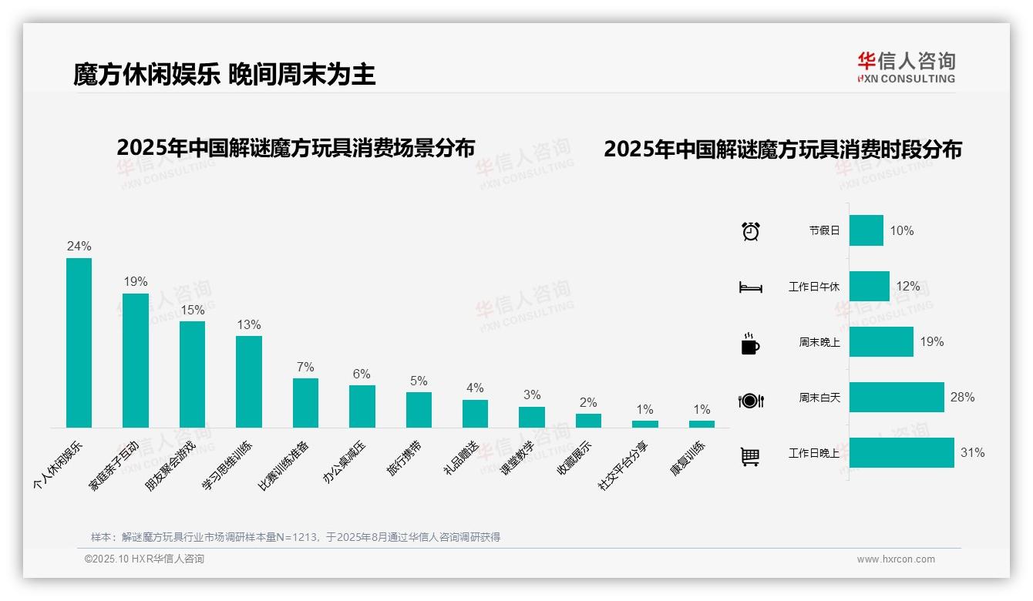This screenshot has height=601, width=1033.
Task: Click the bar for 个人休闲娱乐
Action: point(79,343)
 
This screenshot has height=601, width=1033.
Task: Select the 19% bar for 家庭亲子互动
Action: point(136,361)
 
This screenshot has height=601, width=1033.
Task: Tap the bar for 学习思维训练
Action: point(249,381)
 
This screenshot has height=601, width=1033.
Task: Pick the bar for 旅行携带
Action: point(419,410)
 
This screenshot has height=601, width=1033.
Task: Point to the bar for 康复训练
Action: point(702,424)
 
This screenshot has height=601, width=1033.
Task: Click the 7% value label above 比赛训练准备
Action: point(305,368)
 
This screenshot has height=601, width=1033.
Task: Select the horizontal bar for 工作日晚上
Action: point(901,452)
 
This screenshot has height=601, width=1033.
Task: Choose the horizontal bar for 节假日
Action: point(866,230)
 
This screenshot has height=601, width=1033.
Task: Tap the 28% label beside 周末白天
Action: point(962,398)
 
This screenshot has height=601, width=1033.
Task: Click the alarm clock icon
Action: point(750,231)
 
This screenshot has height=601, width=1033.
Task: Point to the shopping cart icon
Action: point(750,457)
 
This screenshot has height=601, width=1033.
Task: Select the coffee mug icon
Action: point(750,344)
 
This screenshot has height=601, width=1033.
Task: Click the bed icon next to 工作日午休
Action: point(750,287)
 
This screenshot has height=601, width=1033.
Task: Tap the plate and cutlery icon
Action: point(750,401)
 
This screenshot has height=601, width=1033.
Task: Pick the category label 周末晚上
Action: point(819,342)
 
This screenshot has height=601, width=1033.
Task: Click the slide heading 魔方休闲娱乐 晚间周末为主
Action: point(224,75)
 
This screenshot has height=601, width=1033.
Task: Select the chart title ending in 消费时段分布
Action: point(782,149)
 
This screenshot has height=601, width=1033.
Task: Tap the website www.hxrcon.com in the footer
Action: point(896,559)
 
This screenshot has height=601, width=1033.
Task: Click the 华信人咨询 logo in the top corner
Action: point(906,67)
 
